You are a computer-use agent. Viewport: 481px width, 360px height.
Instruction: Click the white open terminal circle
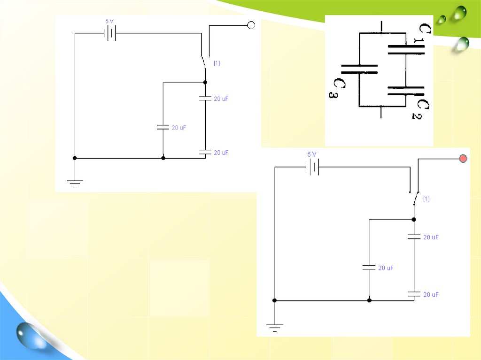pos(251,25)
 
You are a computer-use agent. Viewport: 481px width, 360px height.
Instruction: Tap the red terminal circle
pos(463,159)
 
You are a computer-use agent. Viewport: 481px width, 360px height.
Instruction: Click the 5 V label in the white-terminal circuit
pos(109,21)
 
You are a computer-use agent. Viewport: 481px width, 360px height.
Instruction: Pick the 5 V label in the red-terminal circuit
pos(312,154)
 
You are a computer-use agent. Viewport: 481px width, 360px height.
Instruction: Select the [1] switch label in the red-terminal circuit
pos(427,199)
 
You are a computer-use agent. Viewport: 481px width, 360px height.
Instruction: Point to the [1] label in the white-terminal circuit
pos(217,63)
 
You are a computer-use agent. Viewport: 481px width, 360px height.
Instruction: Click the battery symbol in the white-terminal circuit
pos(110,33)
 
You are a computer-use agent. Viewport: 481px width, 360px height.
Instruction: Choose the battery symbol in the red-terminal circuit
pos(312,167)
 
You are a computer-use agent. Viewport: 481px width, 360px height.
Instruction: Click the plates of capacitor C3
pos(359,69)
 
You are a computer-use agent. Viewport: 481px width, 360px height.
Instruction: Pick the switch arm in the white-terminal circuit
pos(203,63)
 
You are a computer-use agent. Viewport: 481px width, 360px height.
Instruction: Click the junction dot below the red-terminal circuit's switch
pos(414,219)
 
